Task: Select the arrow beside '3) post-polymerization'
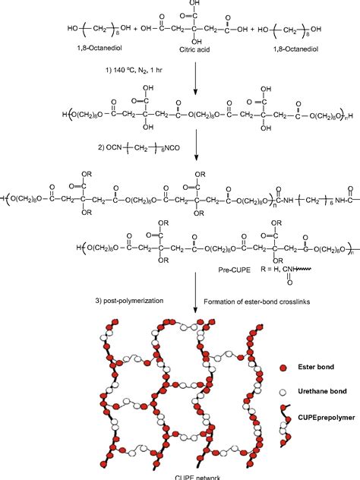coord(196,301)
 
